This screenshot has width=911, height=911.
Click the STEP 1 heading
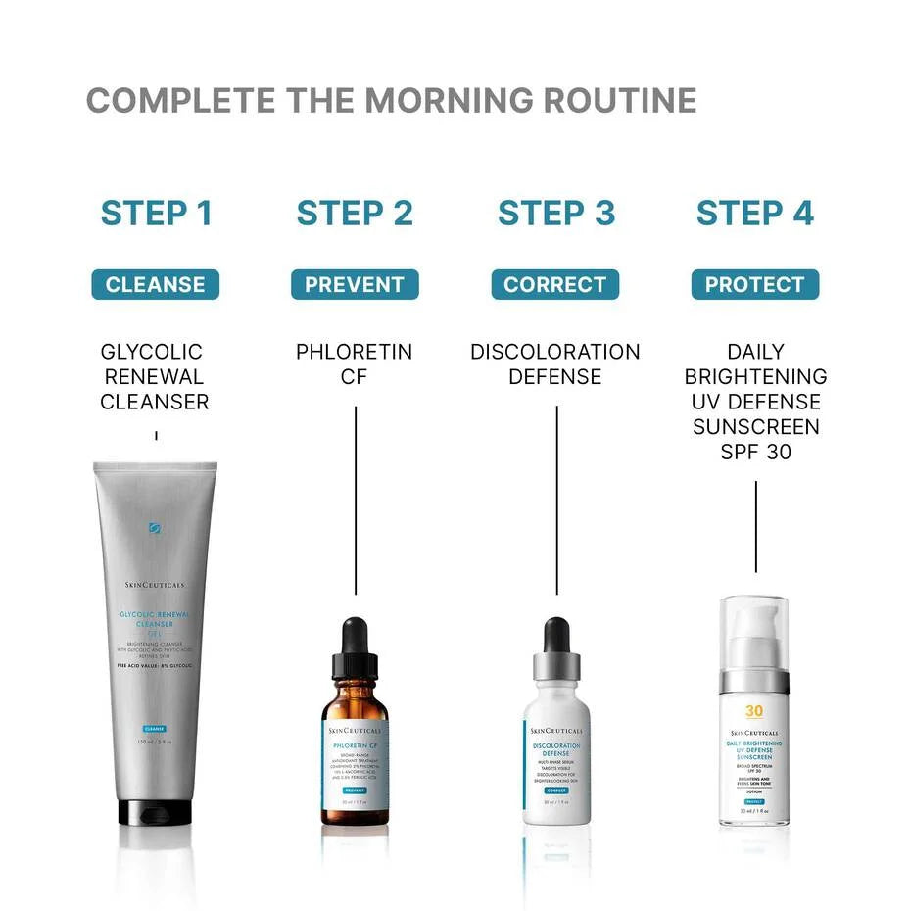click(x=157, y=213)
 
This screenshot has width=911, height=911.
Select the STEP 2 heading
click(x=355, y=213)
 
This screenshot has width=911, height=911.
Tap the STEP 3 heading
click(x=555, y=213)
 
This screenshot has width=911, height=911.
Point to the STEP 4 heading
click(x=755, y=213)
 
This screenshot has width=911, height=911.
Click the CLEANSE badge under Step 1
click(x=156, y=285)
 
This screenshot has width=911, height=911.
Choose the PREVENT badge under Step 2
click(x=355, y=285)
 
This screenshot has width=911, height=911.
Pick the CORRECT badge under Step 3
click(x=555, y=285)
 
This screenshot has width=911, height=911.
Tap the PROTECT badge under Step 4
click(x=755, y=285)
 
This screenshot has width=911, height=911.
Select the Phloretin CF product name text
click(x=355, y=363)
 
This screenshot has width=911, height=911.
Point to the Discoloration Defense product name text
click(x=555, y=363)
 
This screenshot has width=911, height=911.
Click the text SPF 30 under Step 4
click(x=755, y=453)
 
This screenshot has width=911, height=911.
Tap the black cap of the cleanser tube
click(x=155, y=812)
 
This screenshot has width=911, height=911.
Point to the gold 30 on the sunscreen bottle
click(x=753, y=712)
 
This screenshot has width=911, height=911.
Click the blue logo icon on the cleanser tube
click(x=155, y=529)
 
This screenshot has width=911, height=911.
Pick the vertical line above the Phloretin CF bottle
click(x=355, y=500)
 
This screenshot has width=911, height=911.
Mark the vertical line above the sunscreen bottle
click(x=755, y=526)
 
